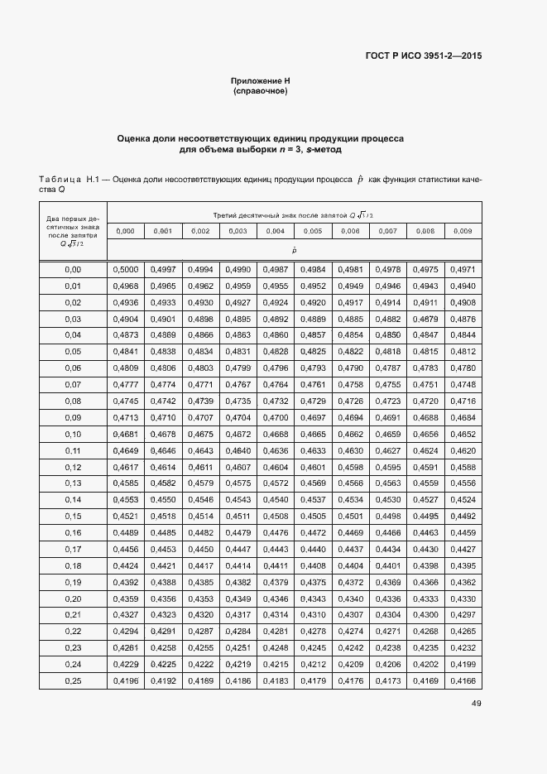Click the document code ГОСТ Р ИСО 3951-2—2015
coord(423,56)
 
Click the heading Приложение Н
coord(261,81)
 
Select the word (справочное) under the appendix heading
coord(261,91)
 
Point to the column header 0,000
coord(126,231)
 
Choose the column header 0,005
coord(313,231)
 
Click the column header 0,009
coord(463,231)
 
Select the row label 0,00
coord(73,270)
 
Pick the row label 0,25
coord(73,680)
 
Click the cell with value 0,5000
coord(126,270)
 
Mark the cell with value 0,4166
coord(463,680)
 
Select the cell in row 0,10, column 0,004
coord(276,434)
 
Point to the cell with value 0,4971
coord(463,270)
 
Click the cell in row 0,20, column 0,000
coord(126,598)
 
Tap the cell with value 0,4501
coord(351,516)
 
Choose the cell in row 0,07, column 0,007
coord(388,384)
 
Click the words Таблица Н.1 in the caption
coord(69,179)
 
